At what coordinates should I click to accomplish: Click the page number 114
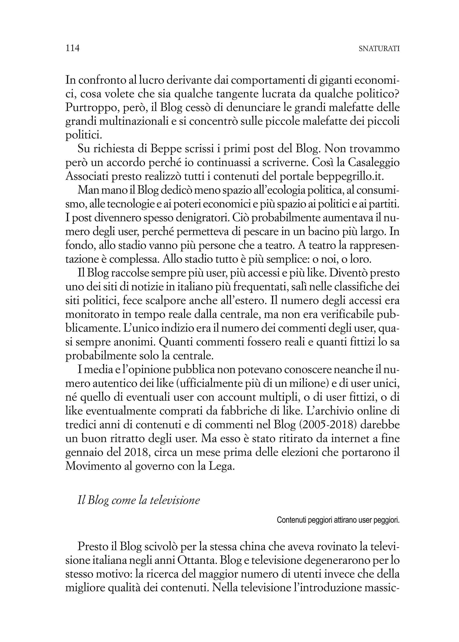pyautogui.click(x=72, y=48)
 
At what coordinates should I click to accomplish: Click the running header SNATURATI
pyautogui.click(x=379, y=49)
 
